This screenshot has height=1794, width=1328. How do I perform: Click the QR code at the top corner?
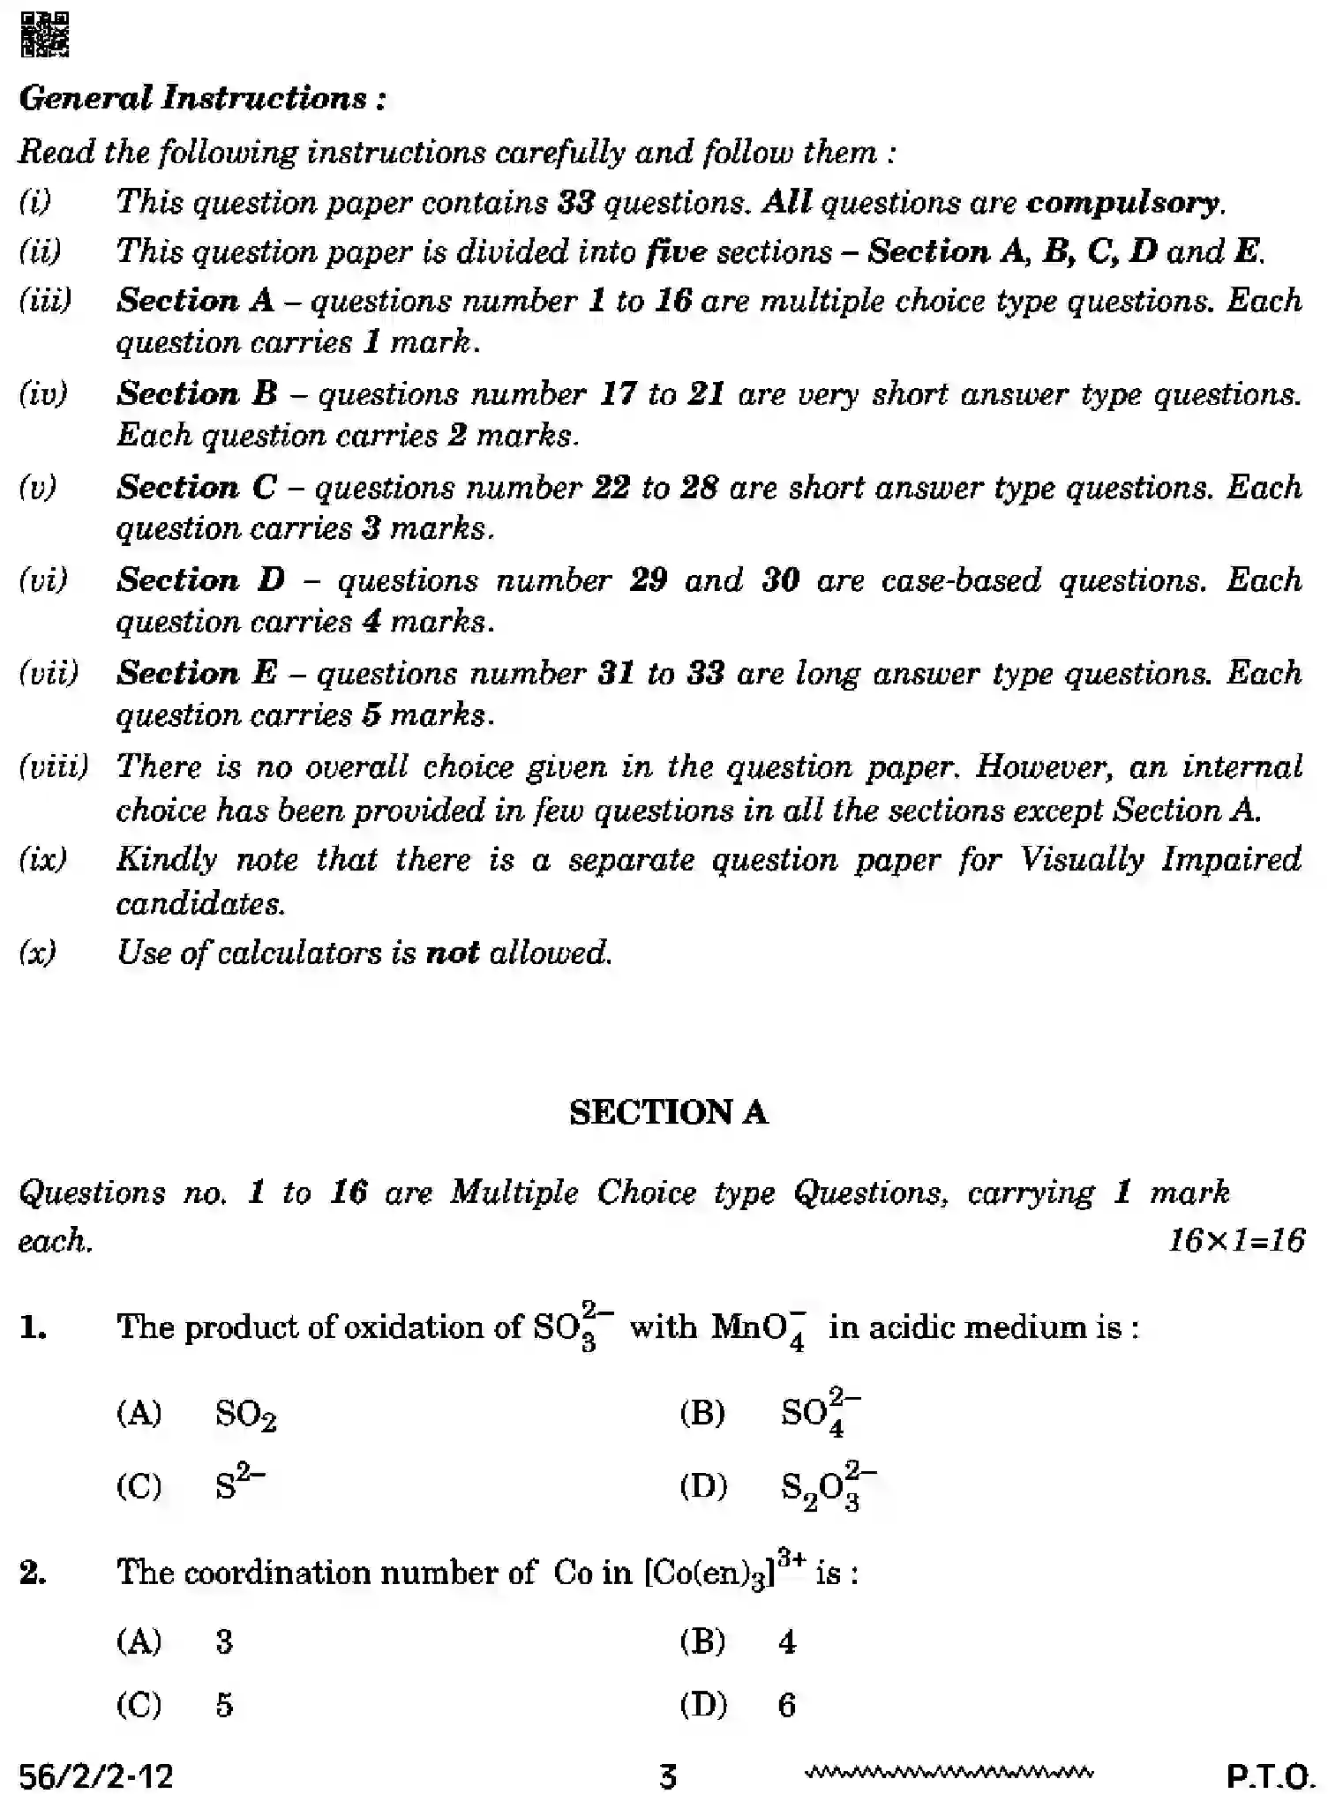pos(44,34)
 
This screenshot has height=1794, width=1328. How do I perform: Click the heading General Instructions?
pos(202,98)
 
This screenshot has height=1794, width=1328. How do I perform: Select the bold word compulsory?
pos(1124,203)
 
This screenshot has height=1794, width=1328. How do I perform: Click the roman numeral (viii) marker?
pos(53,766)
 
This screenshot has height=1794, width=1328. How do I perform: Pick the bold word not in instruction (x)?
pos(452,953)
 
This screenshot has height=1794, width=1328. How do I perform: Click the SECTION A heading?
pos(668,1113)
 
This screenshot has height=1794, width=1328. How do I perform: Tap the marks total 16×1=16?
pos(1236,1241)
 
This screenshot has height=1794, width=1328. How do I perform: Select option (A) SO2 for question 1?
pos(245,1415)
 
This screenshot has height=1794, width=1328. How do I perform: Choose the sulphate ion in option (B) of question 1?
pos(819,1413)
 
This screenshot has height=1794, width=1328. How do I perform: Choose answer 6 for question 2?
pos(786,1705)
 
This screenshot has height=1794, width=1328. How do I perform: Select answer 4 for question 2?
pos(787,1641)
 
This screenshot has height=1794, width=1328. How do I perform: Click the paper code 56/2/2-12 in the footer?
pos(96,1775)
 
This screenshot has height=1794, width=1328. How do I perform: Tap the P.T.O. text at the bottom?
pos(1271,1775)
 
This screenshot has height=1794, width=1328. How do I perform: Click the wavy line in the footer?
pos(949,1771)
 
